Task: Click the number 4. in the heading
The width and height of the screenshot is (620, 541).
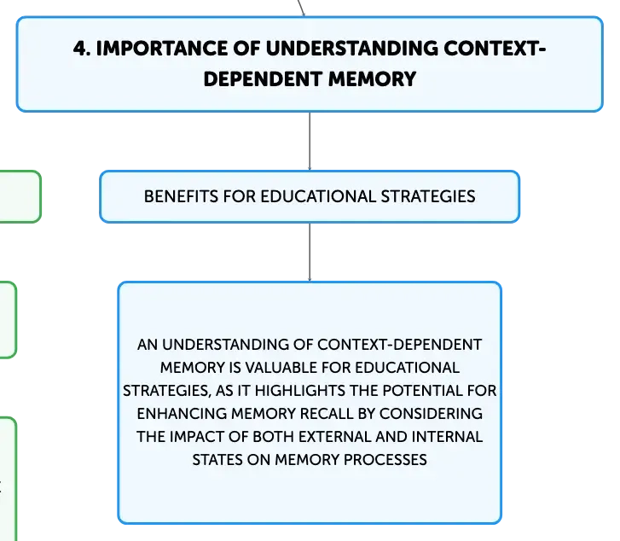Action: click(82, 49)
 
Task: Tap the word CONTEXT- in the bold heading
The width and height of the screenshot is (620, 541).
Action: click(495, 49)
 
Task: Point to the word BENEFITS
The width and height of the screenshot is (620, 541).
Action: click(181, 197)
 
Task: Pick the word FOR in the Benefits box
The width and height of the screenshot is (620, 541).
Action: click(240, 197)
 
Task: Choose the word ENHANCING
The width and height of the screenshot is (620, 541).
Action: click(182, 414)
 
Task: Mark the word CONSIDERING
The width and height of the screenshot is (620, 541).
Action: click(431, 414)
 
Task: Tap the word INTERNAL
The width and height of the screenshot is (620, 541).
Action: click(447, 437)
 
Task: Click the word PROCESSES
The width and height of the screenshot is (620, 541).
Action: click(385, 459)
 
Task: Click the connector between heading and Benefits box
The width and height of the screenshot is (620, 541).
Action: click(310, 142)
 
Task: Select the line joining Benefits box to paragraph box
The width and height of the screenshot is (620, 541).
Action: click(310, 253)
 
